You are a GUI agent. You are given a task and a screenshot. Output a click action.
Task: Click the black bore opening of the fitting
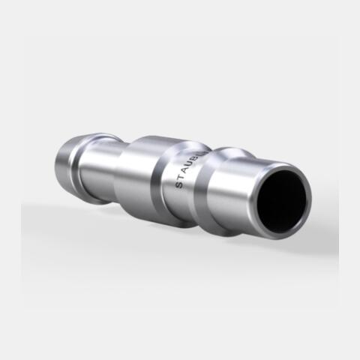(282, 201)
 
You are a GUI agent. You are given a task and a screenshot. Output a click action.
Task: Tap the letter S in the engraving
(179, 184)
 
